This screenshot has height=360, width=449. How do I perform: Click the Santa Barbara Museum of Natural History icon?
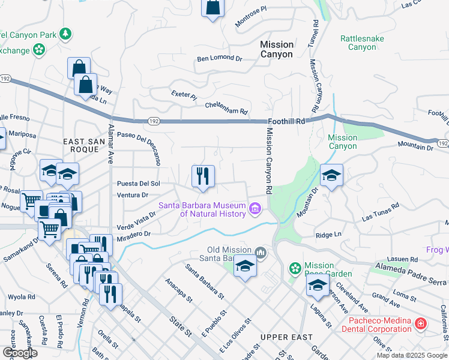255,209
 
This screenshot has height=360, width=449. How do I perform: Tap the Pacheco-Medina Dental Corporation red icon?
421,324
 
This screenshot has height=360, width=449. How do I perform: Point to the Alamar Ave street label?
110,144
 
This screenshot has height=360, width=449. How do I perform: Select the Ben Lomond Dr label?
219,59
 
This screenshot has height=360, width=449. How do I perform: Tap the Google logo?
20,353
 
